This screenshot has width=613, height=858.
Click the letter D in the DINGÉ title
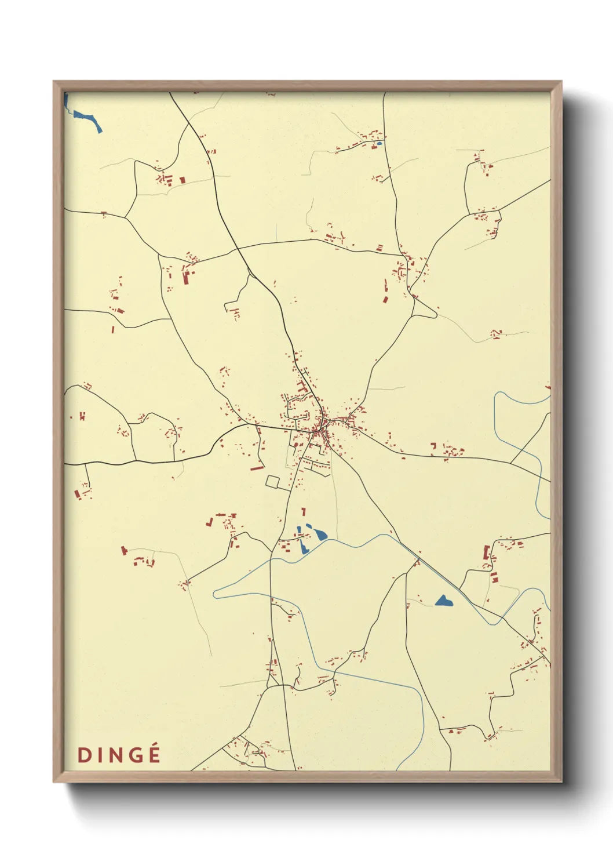(x=84, y=755)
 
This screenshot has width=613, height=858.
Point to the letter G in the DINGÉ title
(x=136, y=755)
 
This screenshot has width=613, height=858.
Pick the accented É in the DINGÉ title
(x=154, y=754)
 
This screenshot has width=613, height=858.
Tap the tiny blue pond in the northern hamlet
(x=380, y=143)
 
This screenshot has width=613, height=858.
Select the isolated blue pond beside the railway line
(x=444, y=601)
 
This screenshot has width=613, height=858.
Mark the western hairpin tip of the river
(x=216, y=594)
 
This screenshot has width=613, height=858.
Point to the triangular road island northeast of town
(x=425, y=308)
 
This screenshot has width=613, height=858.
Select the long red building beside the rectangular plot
(x=257, y=467)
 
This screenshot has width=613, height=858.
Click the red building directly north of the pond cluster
(x=303, y=511)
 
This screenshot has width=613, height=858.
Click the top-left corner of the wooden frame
(x=54, y=82)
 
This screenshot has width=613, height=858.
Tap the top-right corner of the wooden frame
(x=561, y=82)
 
